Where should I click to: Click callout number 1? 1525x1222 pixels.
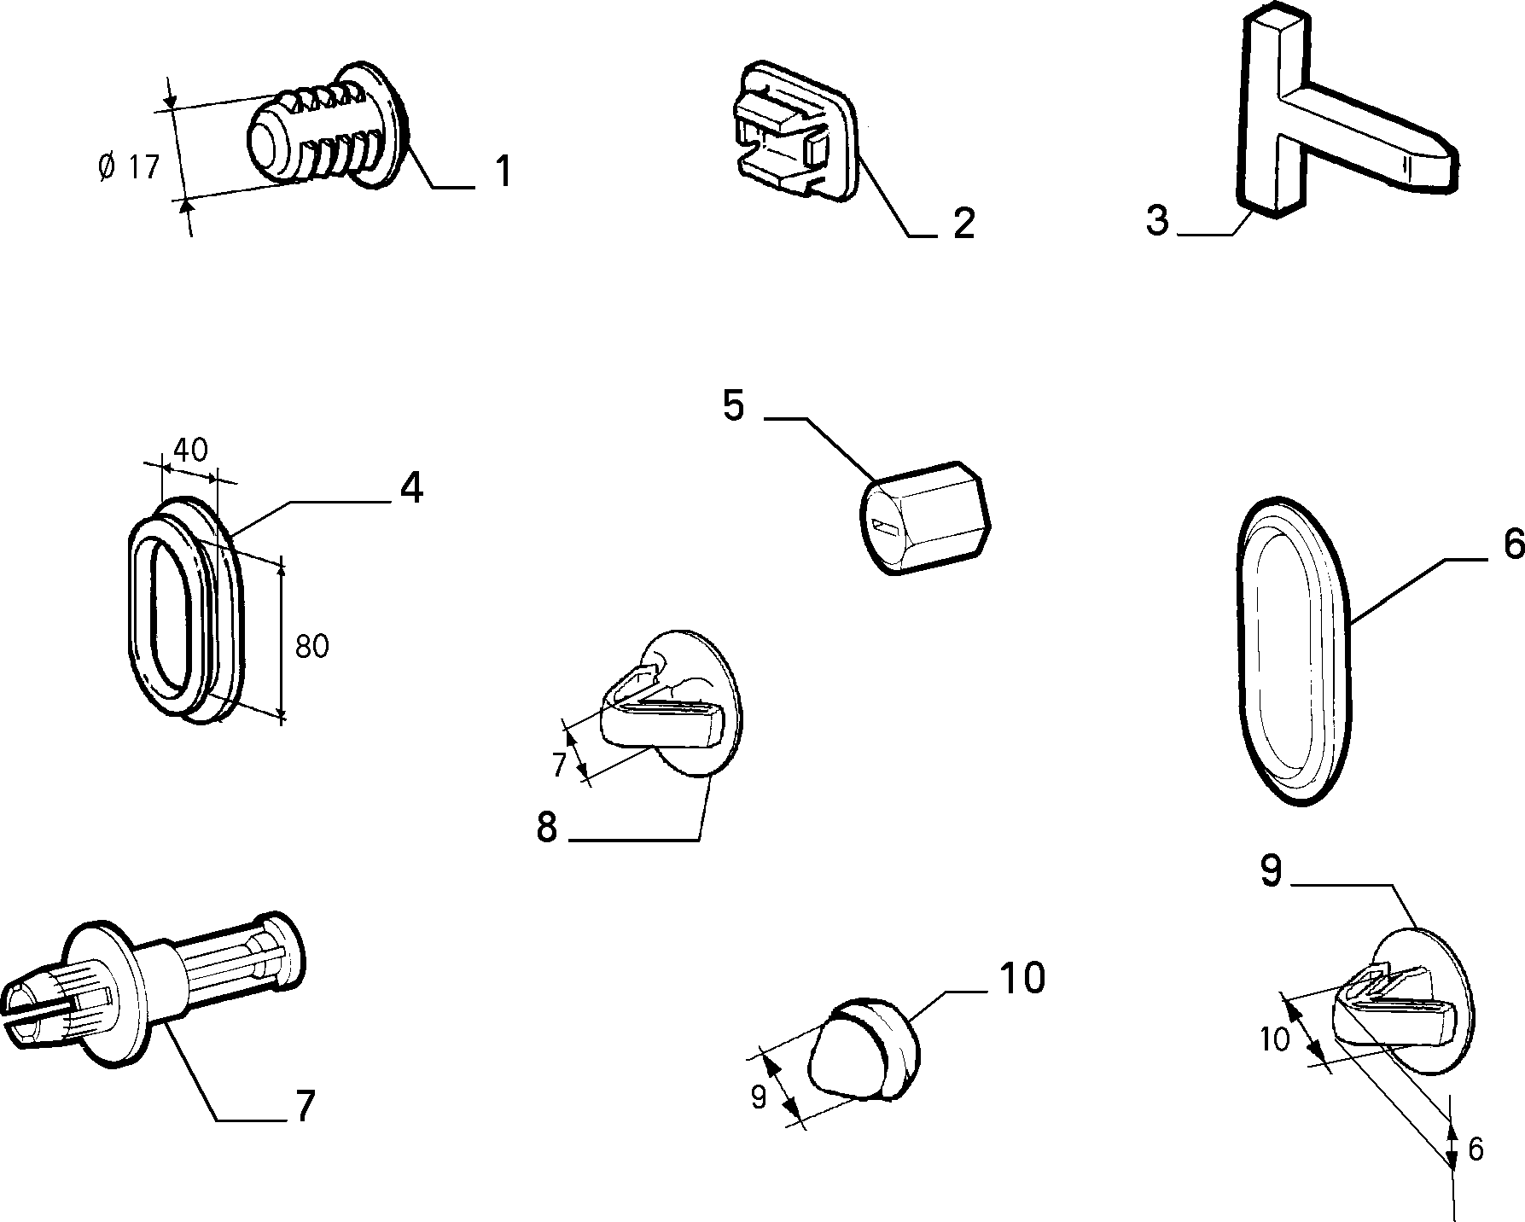tap(503, 171)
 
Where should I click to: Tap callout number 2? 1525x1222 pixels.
tap(963, 224)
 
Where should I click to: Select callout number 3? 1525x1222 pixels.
tap(1157, 220)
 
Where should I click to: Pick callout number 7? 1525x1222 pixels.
tap(304, 1106)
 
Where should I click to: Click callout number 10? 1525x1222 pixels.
tap(1022, 978)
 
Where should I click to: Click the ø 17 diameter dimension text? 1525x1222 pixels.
tap(129, 166)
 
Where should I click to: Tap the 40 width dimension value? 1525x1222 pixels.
tap(190, 450)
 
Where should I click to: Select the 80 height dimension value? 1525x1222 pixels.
tap(311, 647)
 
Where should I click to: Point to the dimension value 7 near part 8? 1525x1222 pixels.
tap(559, 765)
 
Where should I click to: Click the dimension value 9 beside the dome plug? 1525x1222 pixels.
tap(759, 1097)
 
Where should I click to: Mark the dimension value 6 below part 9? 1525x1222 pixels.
tap(1476, 1150)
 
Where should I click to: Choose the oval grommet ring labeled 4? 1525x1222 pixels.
tap(184, 609)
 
